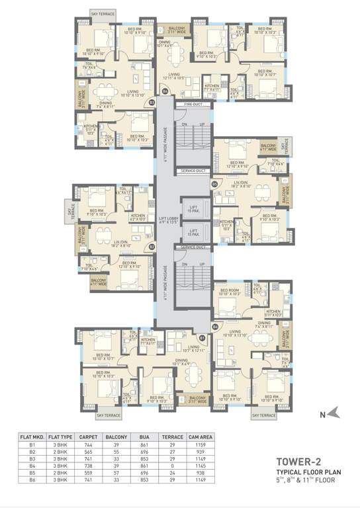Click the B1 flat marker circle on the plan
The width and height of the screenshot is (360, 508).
click(202, 337)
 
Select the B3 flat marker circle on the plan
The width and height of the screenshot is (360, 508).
click(152, 103)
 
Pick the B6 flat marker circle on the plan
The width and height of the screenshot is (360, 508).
click(214, 326)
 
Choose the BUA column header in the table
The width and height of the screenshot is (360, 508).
click(144, 437)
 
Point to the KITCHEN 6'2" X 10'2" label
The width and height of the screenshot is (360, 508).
click(138, 218)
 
